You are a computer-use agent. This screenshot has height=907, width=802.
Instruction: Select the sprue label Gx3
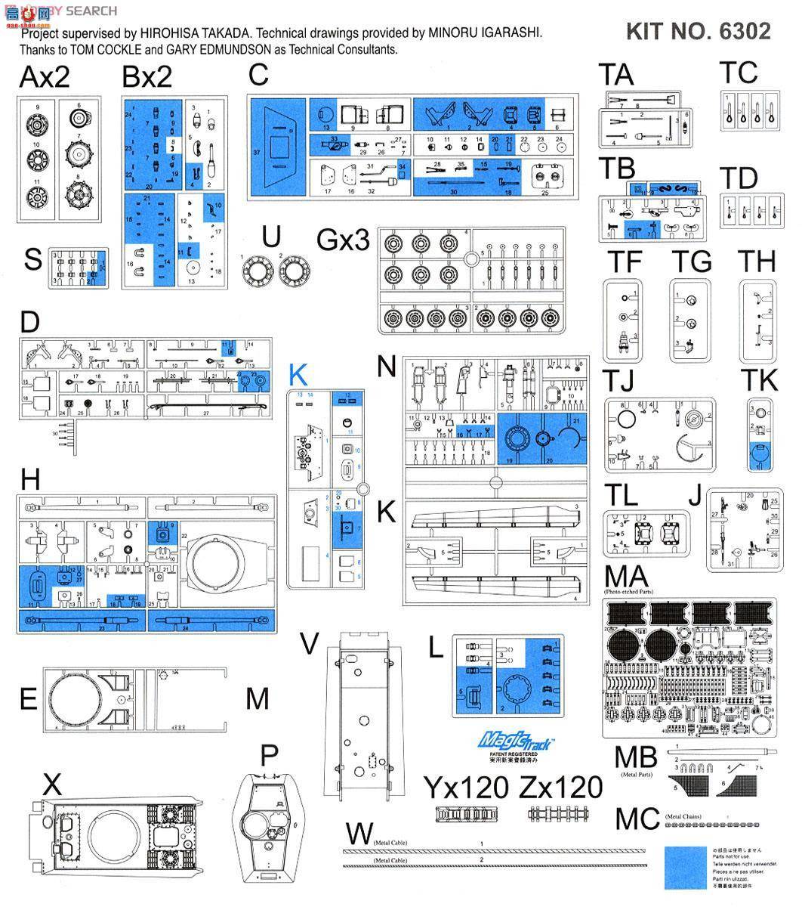[x=344, y=240]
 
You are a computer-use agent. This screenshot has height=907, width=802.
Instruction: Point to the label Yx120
[x=465, y=788]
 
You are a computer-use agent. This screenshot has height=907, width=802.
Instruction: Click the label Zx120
[x=561, y=788]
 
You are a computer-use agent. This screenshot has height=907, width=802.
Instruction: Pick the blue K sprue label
[x=298, y=374]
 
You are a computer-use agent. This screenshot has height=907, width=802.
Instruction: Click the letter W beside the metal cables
[x=358, y=834]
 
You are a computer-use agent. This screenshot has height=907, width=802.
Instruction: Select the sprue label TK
[x=759, y=381]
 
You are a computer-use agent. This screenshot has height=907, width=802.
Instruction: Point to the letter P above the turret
[x=269, y=754]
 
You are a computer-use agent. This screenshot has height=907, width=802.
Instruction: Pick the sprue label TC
[x=738, y=73]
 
